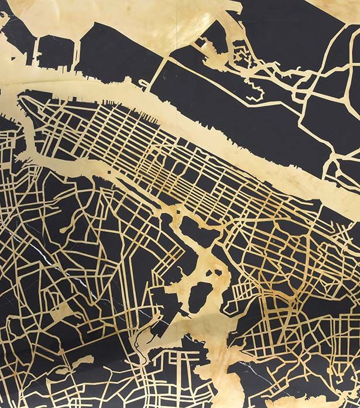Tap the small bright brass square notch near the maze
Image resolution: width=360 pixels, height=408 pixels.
(x=202, y=42)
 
